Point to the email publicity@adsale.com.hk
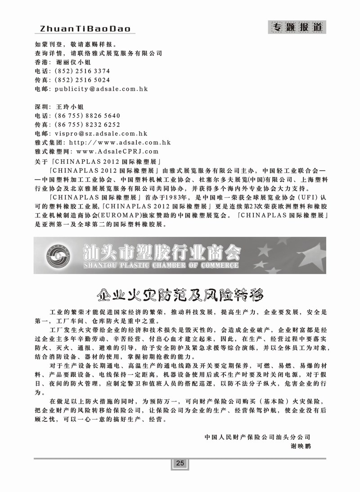pos(101,89)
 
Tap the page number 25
pos(180,464)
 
